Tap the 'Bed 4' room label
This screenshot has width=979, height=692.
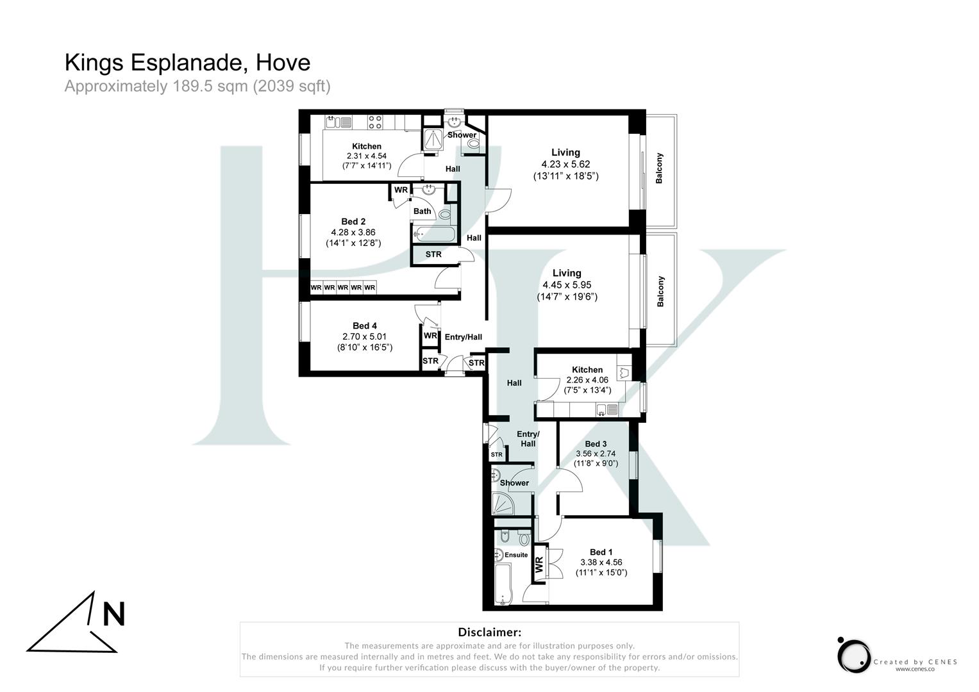(x=365, y=326)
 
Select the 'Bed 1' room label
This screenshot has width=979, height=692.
(x=601, y=552)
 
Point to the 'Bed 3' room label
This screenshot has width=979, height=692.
(x=596, y=444)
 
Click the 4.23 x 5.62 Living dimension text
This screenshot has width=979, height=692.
(x=565, y=164)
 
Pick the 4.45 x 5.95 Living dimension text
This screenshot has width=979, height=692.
(x=567, y=285)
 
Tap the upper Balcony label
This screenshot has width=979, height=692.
(x=659, y=169)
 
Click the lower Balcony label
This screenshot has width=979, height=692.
(x=660, y=292)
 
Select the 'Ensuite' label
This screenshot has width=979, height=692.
(x=516, y=555)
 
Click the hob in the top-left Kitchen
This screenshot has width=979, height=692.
(x=375, y=122)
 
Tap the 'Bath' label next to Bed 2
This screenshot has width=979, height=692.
(x=423, y=211)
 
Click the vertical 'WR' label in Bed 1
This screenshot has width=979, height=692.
(x=539, y=564)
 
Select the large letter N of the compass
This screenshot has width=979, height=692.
(x=114, y=614)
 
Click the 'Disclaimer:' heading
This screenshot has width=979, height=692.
(x=489, y=632)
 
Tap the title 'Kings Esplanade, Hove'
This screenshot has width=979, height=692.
(x=187, y=63)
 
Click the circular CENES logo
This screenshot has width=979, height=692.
(x=853, y=655)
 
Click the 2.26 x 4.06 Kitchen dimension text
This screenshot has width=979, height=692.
(x=587, y=380)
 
